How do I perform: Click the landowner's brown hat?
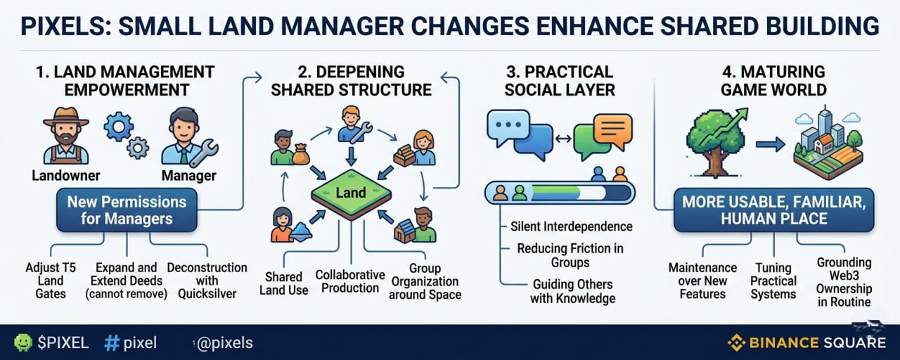pos(66,117)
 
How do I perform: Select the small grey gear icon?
pos(138,148)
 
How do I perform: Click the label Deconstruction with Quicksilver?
pos(207,281)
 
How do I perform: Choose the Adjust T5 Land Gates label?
pos(51,281)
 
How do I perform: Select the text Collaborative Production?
pos(350,281)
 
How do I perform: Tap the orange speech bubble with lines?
pos(612,131)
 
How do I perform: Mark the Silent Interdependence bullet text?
pos(572,226)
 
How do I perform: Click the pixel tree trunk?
pos(715,162)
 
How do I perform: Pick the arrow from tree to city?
pos(770,144)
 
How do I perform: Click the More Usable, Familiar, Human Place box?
pos(774,210)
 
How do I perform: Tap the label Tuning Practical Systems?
pos(773,281)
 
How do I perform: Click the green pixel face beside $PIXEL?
pos(23,342)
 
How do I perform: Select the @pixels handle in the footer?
pos(225,342)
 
